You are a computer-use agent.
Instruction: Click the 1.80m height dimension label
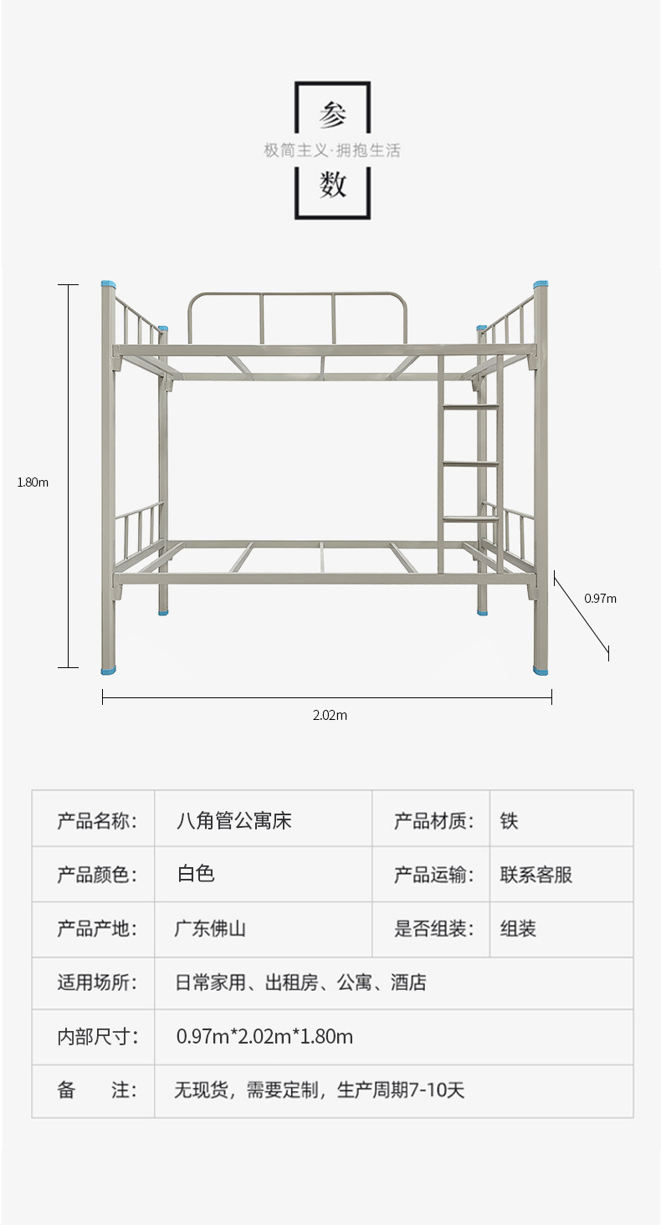click(33, 482)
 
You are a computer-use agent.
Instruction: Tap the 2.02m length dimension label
click(330, 715)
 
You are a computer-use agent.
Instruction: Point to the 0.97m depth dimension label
click(600, 598)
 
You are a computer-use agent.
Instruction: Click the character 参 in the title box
click(332, 116)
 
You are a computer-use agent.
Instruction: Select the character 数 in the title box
click(332, 184)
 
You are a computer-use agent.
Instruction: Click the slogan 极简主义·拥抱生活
click(332, 151)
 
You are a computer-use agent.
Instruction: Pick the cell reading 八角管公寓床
click(233, 820)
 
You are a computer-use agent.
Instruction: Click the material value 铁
click(509, 820)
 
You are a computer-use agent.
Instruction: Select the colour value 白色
click(196, 874)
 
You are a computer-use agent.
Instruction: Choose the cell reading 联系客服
click(535, 875)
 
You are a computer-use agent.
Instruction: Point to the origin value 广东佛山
click(210, 928)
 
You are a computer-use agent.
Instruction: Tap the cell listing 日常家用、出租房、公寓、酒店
click(300, 983)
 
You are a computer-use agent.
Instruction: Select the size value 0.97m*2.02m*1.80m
click(264, 1037)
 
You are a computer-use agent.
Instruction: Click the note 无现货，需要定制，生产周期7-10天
click(319, 1090)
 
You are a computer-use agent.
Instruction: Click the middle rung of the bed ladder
click(470, 463)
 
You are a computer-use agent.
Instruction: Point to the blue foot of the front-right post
click(541, 670)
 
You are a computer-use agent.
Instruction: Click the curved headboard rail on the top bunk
click(297, 294)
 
